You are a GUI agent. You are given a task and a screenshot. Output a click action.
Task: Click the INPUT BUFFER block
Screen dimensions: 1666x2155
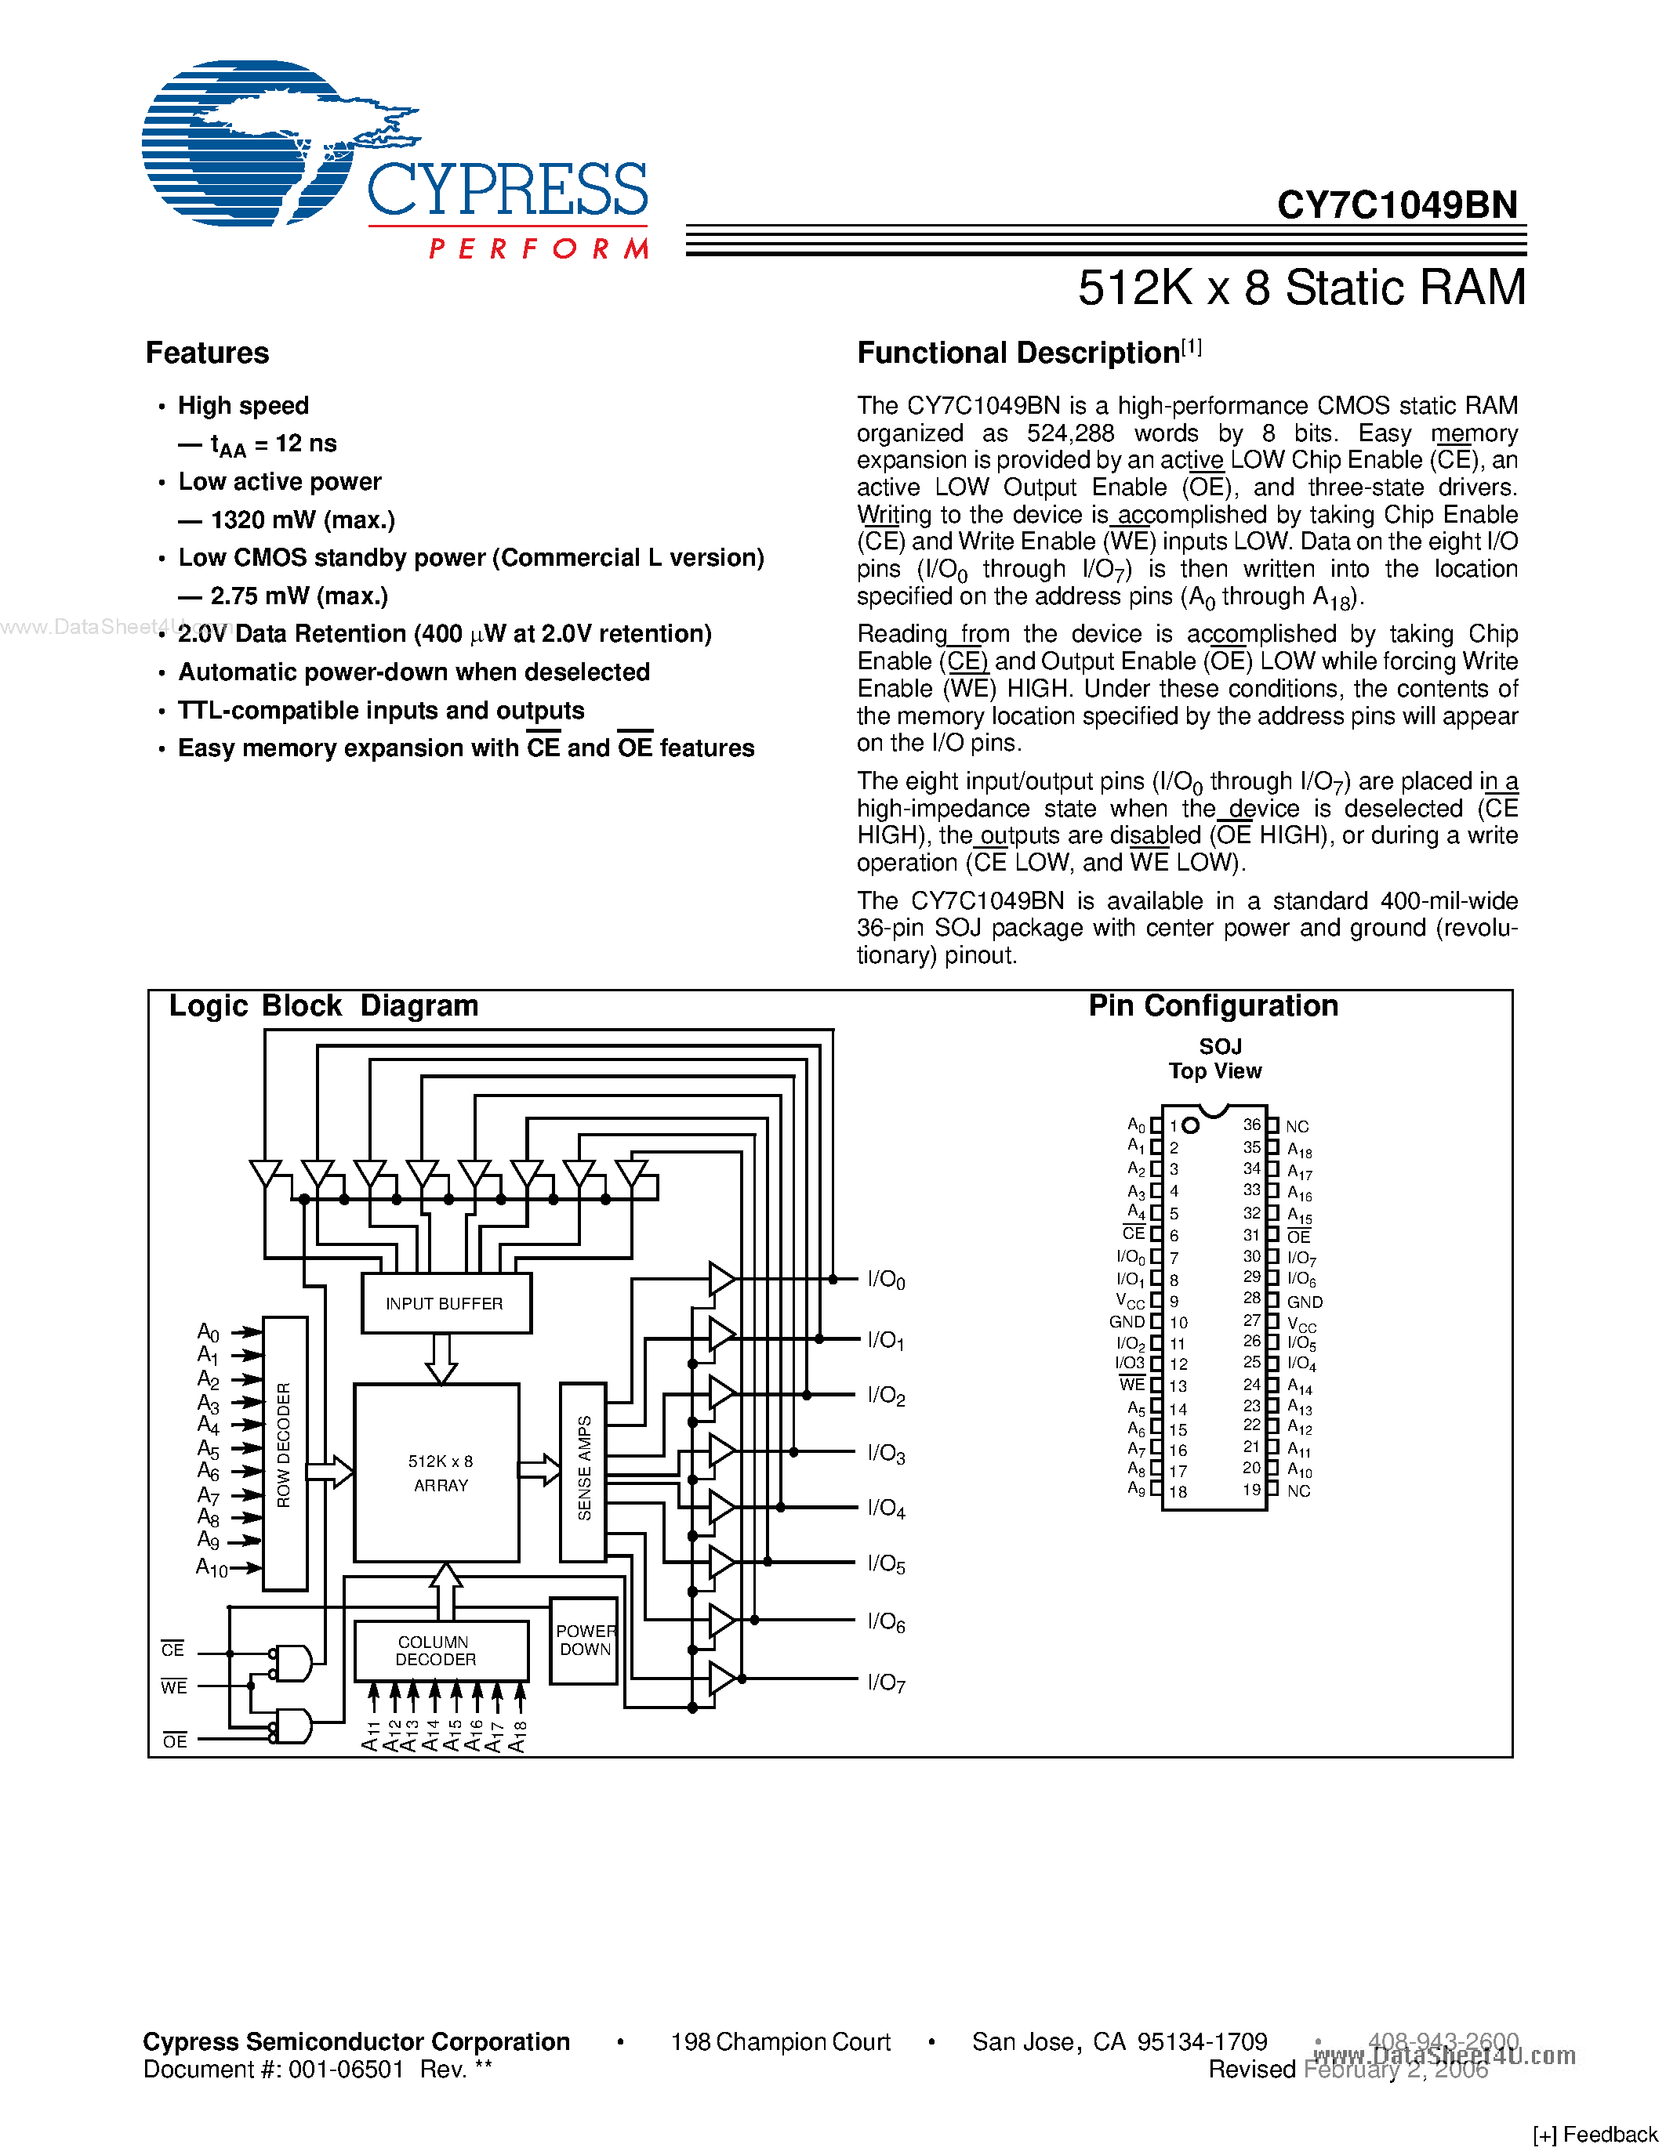(x=446, y=1302)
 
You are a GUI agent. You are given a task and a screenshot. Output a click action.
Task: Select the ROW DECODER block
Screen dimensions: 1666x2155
(x=285, y=1452)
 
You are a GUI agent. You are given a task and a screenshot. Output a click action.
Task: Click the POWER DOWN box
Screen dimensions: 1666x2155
(x=584, y=1640)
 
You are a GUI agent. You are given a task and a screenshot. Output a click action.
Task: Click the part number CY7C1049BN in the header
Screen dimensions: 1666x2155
(x=1396, y=205)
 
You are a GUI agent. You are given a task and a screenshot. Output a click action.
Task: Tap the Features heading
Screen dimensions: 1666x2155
(x=207, y=353)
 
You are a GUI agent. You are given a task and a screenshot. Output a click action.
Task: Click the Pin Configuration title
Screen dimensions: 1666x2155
(x=1213, y=1005)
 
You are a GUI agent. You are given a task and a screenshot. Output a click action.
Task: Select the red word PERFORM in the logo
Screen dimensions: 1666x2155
(x=539, y=248)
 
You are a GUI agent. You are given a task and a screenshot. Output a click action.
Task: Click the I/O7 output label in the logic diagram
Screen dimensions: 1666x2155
(x=886, y=1682)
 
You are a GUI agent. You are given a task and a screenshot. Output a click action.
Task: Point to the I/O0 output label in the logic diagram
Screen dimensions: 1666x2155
(x=886, y=1280)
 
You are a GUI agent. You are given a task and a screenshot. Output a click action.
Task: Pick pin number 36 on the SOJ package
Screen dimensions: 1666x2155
(x=1251, y=1125)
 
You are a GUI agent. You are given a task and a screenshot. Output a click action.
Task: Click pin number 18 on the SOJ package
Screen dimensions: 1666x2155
(x=1178, y=1492)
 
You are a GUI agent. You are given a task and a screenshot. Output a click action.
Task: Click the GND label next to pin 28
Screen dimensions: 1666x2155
(x=1305, y=1302)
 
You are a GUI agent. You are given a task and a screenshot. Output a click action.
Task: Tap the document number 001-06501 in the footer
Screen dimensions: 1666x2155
(x=347, y=2069)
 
